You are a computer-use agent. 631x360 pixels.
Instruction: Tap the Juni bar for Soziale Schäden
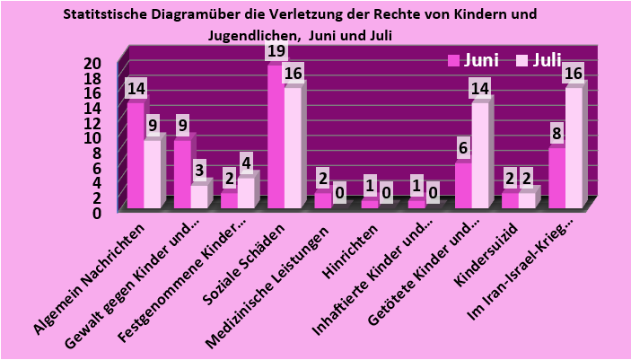click(x=275, y=135)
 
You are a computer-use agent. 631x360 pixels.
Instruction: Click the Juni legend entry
click(x=472, y=60)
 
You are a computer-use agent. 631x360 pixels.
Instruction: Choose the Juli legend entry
click(x=539, y=60)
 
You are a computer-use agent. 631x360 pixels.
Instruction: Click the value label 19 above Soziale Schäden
click(x=276, y=50)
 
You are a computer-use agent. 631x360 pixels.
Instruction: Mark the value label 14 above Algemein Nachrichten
click(x=136, y=89)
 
